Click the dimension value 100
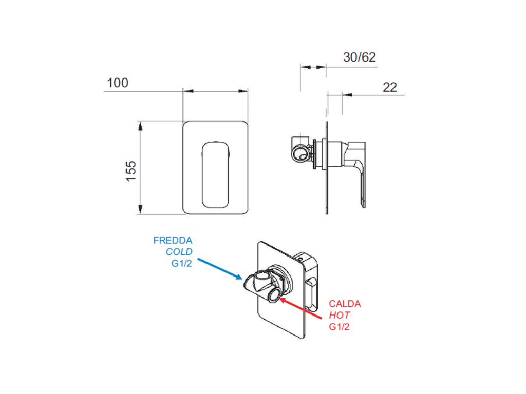click(x=118, y=83)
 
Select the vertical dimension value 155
click(x=131, y=171)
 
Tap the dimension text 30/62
click(x=359, y=57)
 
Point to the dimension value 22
click(x=390, y=87)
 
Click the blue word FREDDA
click(x=173, y=240)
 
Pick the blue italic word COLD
click(x=179, y=251)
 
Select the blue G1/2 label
click(x=182, y=263)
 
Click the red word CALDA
click(x=345, y=304)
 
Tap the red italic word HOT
click(x=339, y=315)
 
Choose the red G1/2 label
click(x=339, y=327)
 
